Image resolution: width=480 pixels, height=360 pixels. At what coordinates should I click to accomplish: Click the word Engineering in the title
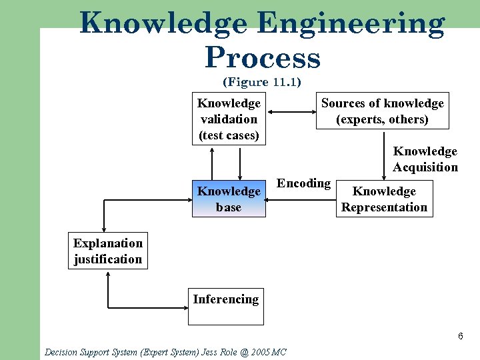(x=350, y=25)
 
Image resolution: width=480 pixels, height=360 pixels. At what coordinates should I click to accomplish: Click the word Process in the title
(x=263, y=58)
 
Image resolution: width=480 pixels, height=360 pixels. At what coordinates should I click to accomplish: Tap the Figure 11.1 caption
(x=262, y=83)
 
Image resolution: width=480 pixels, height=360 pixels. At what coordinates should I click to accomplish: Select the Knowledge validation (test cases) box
(x=229, y=119)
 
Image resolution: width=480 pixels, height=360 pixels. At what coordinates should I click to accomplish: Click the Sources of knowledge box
(x=382, y=111)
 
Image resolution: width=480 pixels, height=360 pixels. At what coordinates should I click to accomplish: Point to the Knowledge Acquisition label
(x=425, y=159)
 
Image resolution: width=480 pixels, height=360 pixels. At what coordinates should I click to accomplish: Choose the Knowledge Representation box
(x=384, y=199)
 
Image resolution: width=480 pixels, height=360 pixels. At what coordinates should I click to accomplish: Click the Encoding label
(x=303, y=183)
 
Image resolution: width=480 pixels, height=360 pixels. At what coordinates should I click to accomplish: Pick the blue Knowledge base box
(x=229, y=199)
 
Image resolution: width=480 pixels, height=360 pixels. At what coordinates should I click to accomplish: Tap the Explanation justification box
(x=108, y=251)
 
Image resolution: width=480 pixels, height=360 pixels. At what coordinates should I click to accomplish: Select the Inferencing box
(x=225, y=306)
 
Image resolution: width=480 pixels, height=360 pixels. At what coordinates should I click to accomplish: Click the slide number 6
(x=460, y=336)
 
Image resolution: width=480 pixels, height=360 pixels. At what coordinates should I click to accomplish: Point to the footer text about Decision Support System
(x=165, y=351)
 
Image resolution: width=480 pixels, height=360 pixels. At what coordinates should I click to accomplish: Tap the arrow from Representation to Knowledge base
(x=300, y=199)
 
